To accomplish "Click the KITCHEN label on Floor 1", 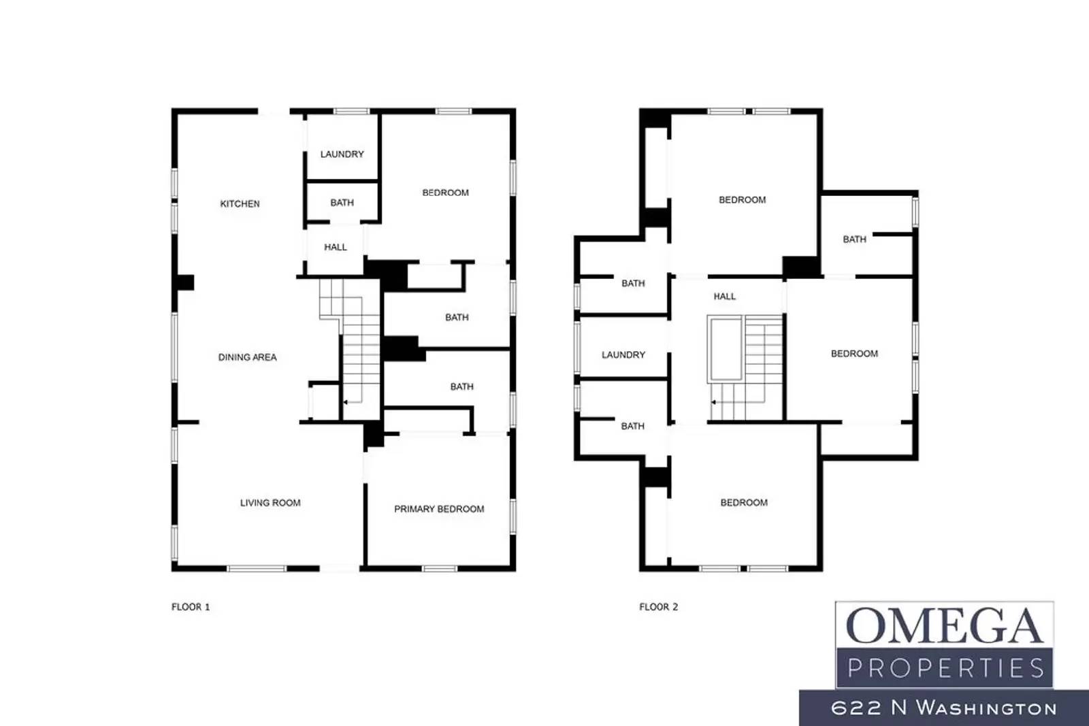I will tap(240, 203).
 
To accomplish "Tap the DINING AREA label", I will tap(247, 357).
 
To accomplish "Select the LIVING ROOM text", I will tap(270, 503).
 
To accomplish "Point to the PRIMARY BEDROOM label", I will tap(439, 509).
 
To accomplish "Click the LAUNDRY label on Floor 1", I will tap(342, 154).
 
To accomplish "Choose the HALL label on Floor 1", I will tap(336, 247).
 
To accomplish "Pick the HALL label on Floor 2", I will tap(724, 297).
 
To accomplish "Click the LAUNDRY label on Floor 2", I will tap(623, 354).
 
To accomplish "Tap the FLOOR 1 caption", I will tap(191, 607).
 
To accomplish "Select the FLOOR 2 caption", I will tap(658, 607).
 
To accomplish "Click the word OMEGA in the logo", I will tap(944, 626).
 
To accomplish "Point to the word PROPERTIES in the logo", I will tap(945, 669).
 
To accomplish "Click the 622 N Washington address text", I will tap(943, 708).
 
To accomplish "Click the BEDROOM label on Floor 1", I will tap(445, 193).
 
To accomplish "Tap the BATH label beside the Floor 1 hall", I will tap(342, 203).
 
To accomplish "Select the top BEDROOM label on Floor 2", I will tap(742, 200).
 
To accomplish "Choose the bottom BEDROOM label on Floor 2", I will tap(743, 503).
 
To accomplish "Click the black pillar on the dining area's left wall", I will tap(185, 282).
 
